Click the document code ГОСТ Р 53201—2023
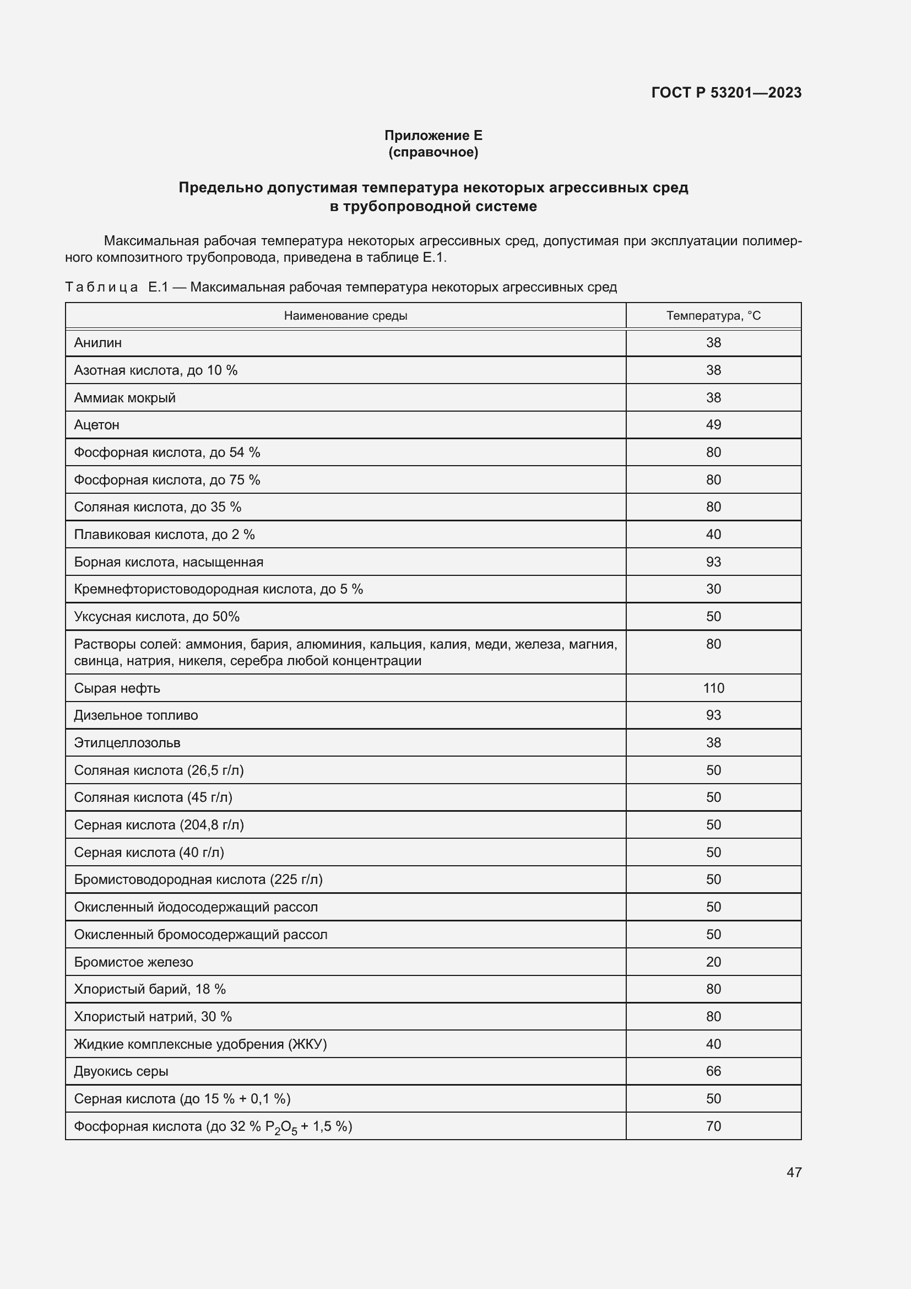pos(726,93)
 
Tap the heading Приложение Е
pos(433,136)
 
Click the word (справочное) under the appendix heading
pos(433,152)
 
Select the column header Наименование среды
pos(345,316)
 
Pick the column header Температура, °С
pos(713,316)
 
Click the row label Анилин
pos(97,342)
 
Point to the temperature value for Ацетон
pos(713,424)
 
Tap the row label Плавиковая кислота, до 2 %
pos(164,535)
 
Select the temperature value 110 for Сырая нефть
pos(713,688)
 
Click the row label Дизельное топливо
pos(135,715)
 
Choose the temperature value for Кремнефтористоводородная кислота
pos(713,589)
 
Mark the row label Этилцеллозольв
pos(127,743)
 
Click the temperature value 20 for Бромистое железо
pos(713,962)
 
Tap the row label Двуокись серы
pos(121,1071)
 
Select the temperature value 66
pos(713,1071)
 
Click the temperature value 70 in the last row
pos(713,1126)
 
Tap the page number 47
pos(794,1172)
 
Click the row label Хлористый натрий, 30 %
pos(153,1017)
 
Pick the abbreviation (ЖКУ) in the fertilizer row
pos(307,1044)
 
